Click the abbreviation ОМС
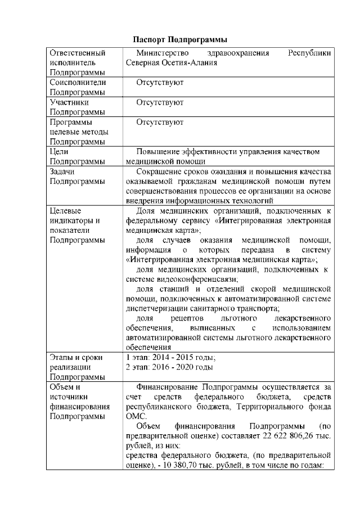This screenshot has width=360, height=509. coord(136,416)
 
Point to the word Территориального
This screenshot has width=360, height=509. coord(260,407)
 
